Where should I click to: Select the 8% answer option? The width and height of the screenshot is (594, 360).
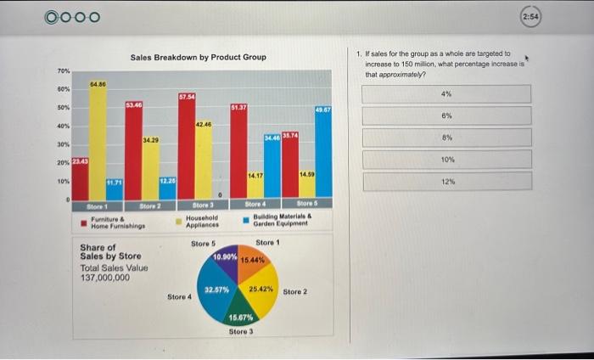[x=447, y=138]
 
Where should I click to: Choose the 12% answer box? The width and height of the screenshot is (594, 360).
[x=447, y=181]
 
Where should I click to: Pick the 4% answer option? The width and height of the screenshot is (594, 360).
[x=447, y=93]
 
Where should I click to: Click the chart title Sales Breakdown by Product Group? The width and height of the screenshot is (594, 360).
[x=198, y=57]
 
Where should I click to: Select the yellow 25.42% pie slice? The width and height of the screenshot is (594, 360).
[x=260, y=289]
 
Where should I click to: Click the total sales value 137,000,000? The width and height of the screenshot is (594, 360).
[x=104, y=278]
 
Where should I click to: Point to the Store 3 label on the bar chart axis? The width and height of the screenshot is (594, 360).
[x=203, y=205]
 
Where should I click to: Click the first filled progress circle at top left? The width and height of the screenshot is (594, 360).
[x=53, y=17]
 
